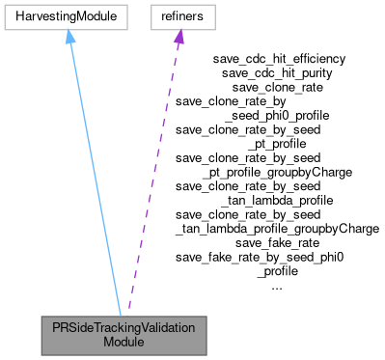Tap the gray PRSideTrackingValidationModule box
[x=124, y=335]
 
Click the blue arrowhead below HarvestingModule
[x=69, y=37]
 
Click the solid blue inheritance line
[x=95, y=174]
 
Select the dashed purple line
[x=154, y=174]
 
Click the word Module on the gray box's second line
[x=124, y=343]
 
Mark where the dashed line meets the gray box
[x=127, y=315]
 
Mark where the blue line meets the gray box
[x=121, y=315]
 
